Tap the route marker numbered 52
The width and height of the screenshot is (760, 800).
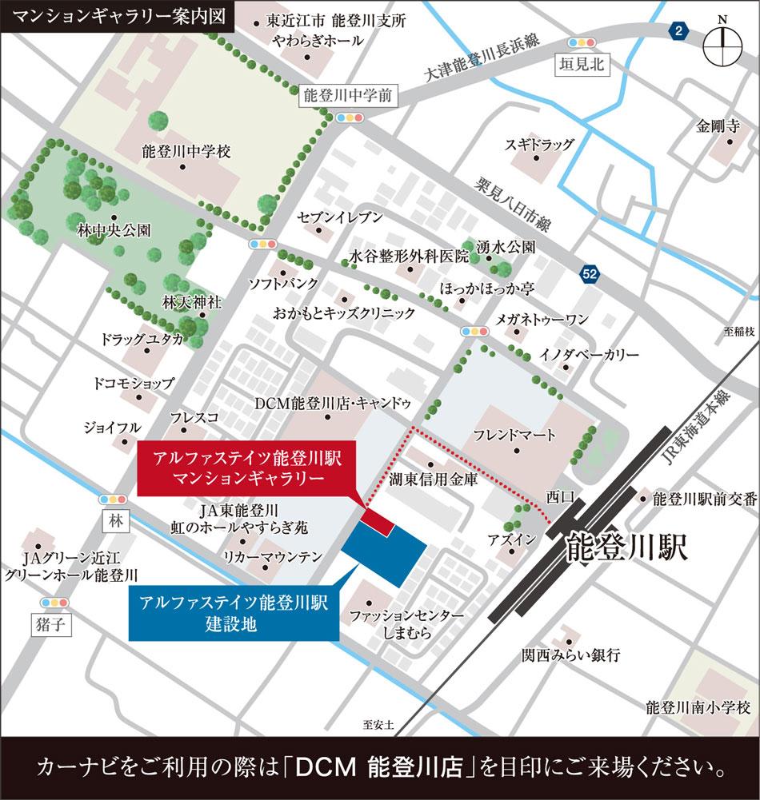click(590, 274)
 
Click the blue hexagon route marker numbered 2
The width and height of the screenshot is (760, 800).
click(678, 31)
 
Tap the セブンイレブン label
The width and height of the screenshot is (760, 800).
click(340, 217)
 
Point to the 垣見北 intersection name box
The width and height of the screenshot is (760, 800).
click(582, 66)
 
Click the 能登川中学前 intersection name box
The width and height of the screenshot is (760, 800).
click(348, 96)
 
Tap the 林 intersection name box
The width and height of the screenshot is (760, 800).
click(116, 520)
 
